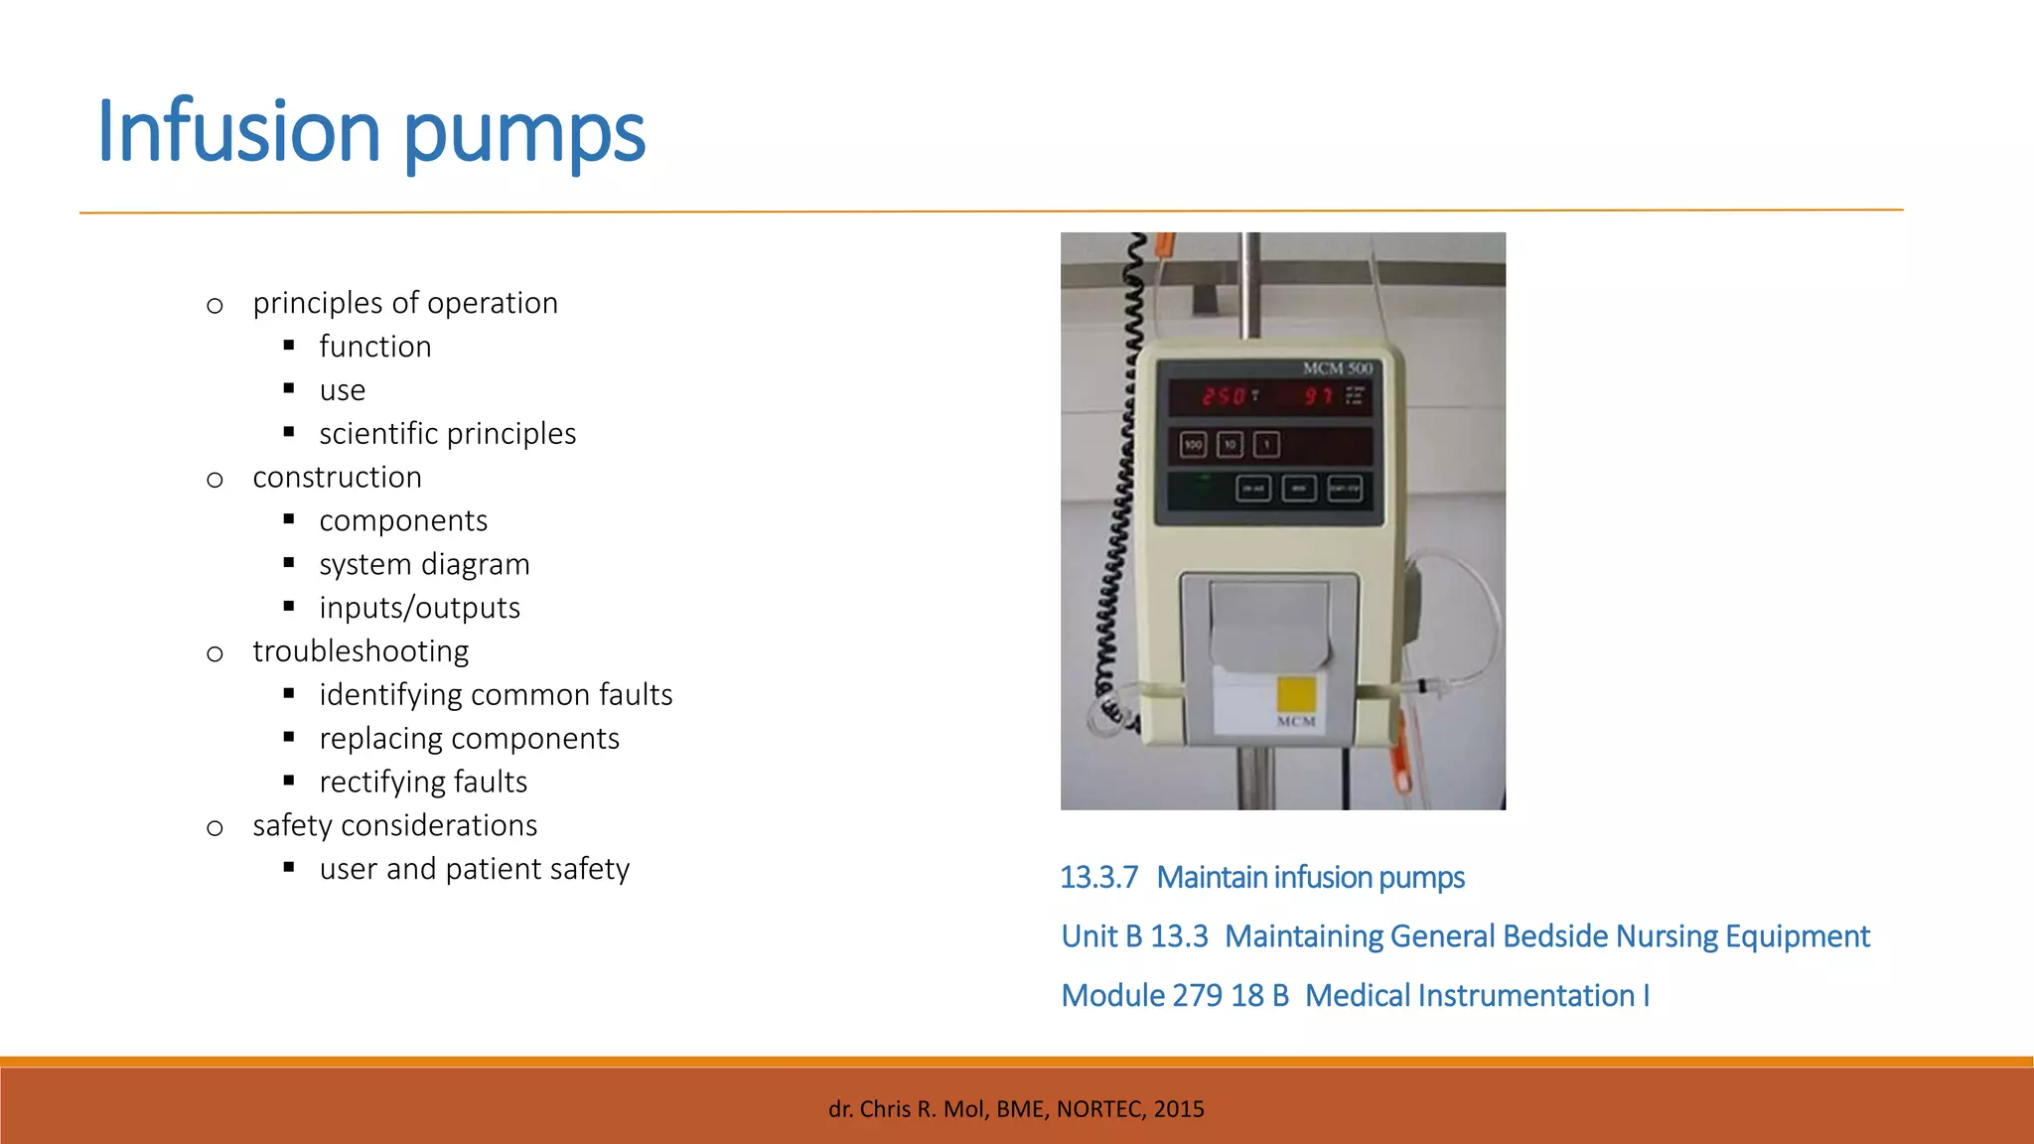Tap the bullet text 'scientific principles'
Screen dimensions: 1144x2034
447,434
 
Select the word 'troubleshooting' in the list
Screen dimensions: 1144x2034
361,651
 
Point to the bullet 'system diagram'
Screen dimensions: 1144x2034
424,564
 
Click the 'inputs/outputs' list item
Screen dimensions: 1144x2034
419,608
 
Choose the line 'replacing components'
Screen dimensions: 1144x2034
469,739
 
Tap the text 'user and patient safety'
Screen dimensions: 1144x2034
474,869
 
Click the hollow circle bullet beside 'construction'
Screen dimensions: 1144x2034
215,481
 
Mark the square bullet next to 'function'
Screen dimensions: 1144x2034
289,346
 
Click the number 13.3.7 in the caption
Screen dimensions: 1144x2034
1098,878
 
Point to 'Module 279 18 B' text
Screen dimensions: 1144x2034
1175,996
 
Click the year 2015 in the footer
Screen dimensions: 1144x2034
1179,1109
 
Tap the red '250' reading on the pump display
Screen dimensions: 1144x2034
1223,396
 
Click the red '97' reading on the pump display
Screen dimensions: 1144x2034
1318,396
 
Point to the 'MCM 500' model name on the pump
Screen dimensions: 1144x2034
1337,368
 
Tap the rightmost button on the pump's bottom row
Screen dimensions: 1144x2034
1345,489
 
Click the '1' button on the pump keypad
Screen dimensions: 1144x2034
1266,445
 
